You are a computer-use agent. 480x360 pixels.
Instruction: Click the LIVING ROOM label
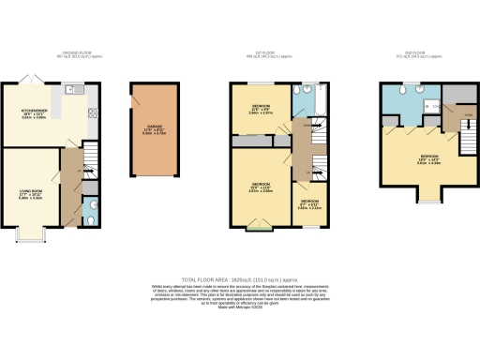(34, 195)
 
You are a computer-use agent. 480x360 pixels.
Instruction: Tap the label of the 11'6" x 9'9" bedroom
(260, 108)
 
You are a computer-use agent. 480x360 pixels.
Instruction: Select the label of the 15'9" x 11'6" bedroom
(260, 187)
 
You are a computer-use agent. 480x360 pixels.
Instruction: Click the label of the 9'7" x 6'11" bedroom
(308, 203)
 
